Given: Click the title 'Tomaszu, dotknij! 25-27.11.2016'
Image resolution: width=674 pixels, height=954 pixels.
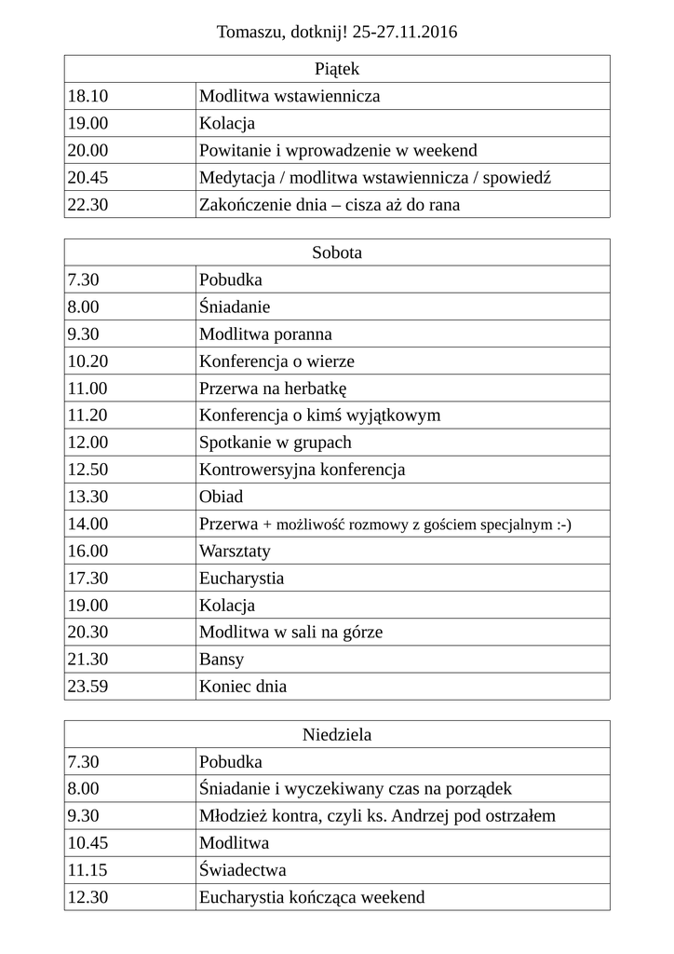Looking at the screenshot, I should tap(337, 33).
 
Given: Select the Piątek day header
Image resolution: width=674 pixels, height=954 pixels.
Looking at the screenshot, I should tap(337, 69).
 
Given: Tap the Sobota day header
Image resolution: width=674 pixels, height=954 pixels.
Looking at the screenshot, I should tap(337, 252).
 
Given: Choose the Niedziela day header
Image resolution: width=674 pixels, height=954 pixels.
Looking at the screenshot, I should tap(337, 734).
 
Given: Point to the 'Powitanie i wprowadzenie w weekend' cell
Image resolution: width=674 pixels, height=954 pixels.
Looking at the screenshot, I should tap(338, 150).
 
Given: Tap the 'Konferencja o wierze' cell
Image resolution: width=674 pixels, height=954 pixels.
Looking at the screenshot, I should tap(276, 361).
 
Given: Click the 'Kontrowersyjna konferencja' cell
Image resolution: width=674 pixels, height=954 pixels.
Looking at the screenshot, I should tap(302, 470).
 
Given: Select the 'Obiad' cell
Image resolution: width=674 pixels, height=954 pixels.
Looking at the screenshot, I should tap(221, 497).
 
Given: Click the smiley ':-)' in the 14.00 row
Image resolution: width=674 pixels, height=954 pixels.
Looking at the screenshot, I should tap(563, 525).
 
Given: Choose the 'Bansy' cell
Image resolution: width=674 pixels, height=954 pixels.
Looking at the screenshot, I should tap(222, 660).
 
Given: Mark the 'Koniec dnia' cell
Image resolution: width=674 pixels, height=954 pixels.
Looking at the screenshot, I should tap(243, 687).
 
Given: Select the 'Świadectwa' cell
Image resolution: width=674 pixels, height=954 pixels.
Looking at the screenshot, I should tap(242, 870).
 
